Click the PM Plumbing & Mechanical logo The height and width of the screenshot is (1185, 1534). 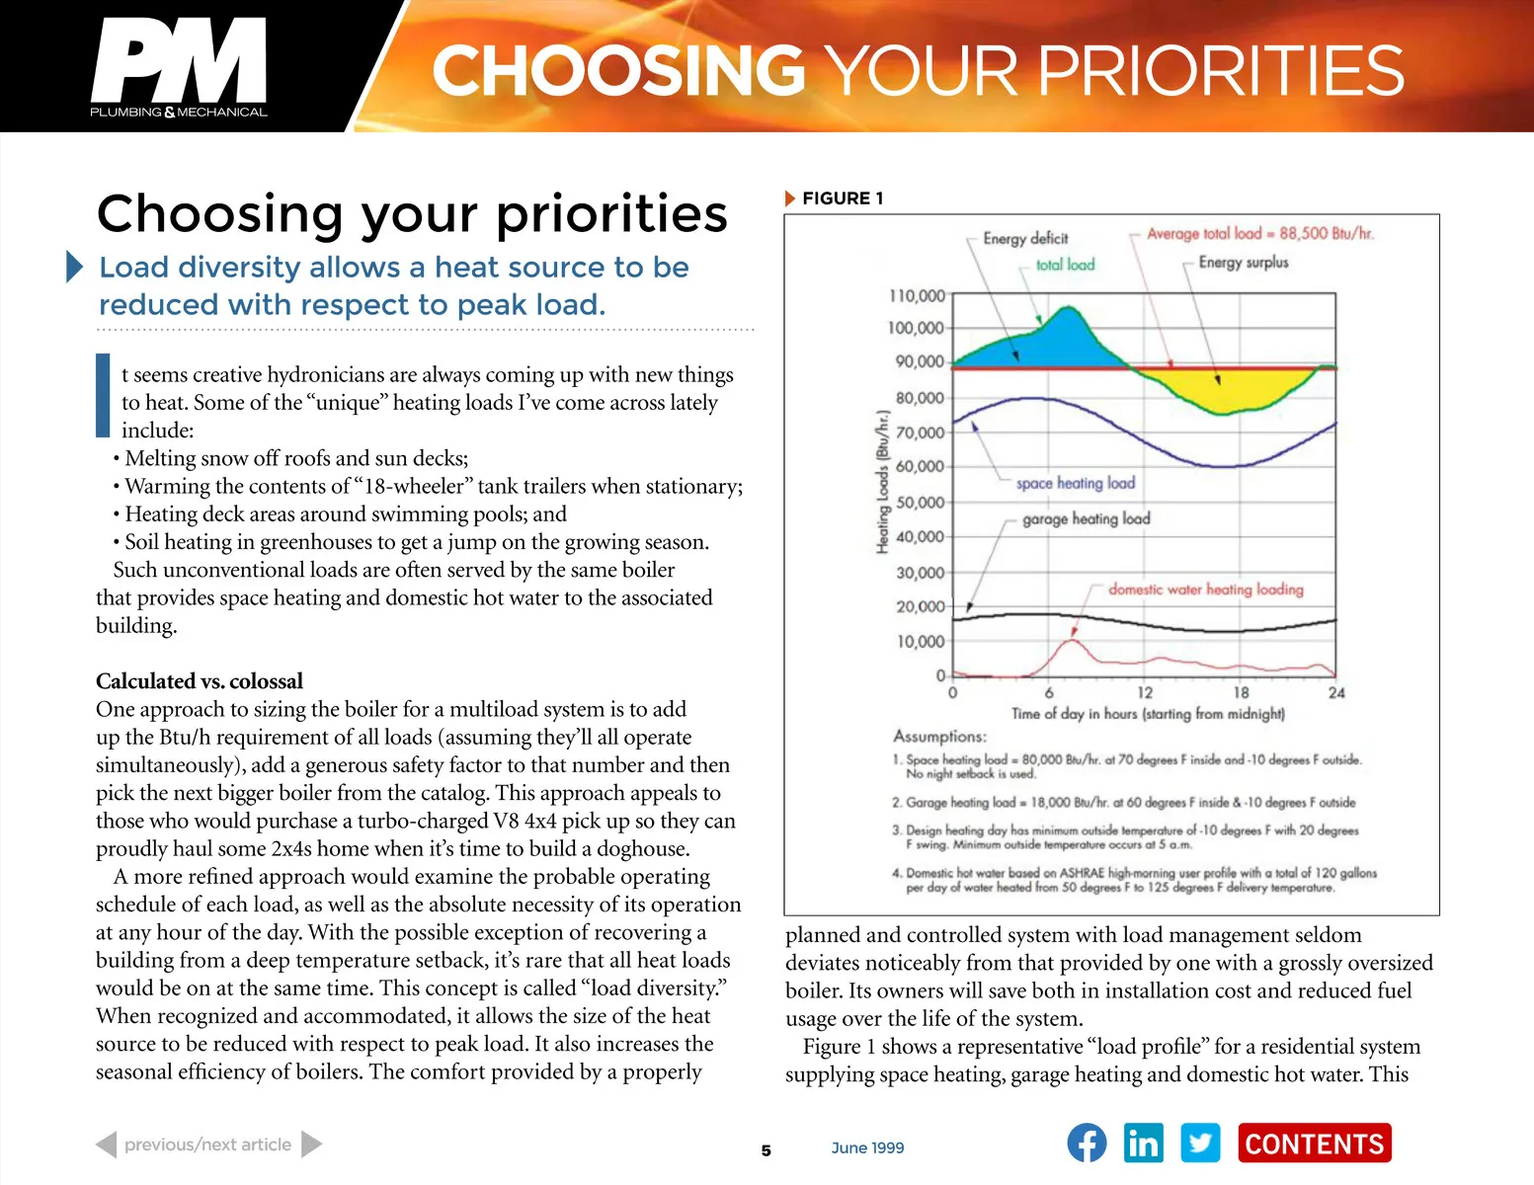(179, 67)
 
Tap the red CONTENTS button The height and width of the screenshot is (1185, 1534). (1314, 1144)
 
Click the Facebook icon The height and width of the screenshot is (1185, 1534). (1087, 1144)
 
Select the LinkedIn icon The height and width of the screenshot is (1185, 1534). (1144, 1144)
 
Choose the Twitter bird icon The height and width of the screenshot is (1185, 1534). (1200, 1144)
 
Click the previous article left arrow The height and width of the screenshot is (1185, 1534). (107, 1145)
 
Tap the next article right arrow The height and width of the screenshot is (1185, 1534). (311, 1145)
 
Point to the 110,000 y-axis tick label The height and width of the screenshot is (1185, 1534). (917, 295)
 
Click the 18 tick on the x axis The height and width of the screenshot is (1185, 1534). (1241, 693)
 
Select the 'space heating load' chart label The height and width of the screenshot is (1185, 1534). (1076, 483)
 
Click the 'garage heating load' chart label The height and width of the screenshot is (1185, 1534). (1086, 518)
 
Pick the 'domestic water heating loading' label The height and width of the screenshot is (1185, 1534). (1205, 590)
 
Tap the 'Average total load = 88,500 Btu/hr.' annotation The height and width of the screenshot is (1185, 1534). (1259, 234)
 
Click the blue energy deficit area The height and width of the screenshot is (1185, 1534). (1047, 343)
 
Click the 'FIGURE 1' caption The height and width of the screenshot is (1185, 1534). (842, 198)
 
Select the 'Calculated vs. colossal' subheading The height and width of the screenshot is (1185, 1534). (200, 681)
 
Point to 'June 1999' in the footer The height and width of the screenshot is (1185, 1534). (867, 1147)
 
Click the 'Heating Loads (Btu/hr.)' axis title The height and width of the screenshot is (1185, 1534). (883, 482)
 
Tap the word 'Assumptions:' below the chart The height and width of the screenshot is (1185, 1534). (939, 737)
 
